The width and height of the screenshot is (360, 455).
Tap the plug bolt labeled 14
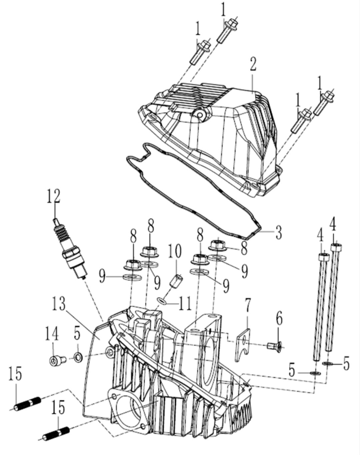(55, 360)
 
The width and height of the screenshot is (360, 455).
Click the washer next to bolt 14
(78, 358)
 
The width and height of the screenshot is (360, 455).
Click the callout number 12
(54, 197)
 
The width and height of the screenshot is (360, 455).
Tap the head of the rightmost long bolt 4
(336, 247)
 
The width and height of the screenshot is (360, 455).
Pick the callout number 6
(279, 319)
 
